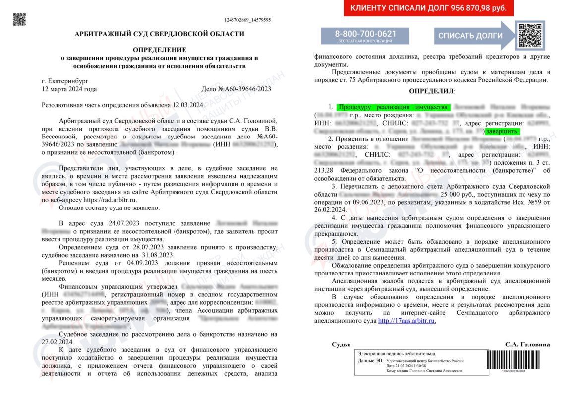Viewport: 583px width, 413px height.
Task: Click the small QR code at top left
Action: coord(19,19)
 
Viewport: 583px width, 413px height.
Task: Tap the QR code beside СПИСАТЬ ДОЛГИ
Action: coord(530,35)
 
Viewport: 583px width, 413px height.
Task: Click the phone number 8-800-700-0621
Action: coord(365,34)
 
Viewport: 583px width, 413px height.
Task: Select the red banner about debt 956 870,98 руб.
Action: coord(428,8)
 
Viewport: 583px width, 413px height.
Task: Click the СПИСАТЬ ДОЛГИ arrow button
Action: coord(470,36)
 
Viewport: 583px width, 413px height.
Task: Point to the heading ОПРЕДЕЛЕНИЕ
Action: coord(160,50)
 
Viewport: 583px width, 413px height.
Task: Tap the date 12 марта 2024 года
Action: coord(69,89)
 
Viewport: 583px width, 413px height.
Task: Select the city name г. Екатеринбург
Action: coord(64,81)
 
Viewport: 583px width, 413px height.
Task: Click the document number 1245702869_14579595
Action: coord(247,20)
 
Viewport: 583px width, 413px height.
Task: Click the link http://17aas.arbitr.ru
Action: coord(407,321)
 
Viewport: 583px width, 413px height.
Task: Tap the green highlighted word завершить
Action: coord(502,131)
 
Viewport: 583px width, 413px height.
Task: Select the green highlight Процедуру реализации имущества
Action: coord(393,107)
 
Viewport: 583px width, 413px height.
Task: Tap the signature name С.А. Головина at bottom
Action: coord(527,344)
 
